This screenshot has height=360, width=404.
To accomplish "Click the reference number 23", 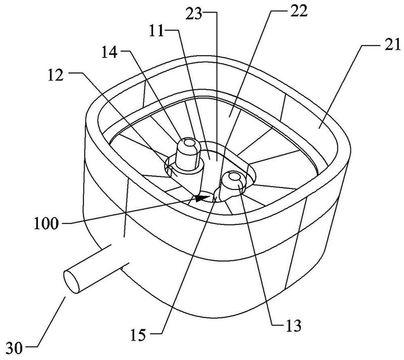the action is pos(194,15).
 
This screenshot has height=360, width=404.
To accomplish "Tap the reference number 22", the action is pos(299,12).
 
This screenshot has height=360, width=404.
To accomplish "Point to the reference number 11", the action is pos(157,31).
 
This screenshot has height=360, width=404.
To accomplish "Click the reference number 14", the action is pos(110,53).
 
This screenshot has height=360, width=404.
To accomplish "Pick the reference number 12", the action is pos(56,76).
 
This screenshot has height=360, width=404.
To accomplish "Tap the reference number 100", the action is pos(46,223).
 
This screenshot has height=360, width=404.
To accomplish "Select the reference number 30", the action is pos(15,349).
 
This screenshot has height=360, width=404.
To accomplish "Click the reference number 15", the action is pos(138,336).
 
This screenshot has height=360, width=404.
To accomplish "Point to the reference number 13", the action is pos(293,326).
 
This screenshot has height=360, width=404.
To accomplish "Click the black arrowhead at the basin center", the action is pos(201,198).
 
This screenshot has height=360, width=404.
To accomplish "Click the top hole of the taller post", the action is pos(190,143).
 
